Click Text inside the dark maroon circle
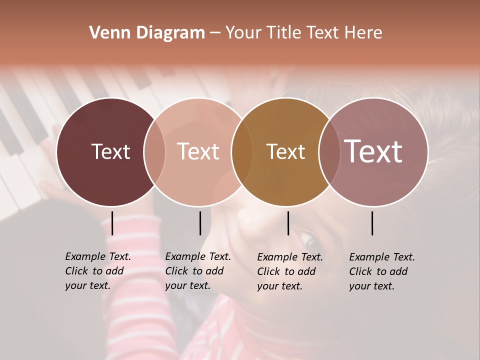click(x=110, y=151)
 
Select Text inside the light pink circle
click(x=198, y=151)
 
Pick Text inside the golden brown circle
click(x=285, y=151)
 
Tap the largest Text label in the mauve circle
click(x=373, y=151)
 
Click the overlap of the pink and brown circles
click(x=241, y=151)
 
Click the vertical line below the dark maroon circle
click(x=112, y=223)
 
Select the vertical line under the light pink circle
click(x=200, y=223)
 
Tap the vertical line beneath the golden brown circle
click(x=288, y=223)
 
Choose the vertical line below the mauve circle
click(x=372, y=223)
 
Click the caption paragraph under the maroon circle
click(x=97, y=271)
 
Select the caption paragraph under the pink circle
click(x=197, y=271)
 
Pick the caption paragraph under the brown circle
click(x=289, y=271)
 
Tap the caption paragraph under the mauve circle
click(x=381, y=271)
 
